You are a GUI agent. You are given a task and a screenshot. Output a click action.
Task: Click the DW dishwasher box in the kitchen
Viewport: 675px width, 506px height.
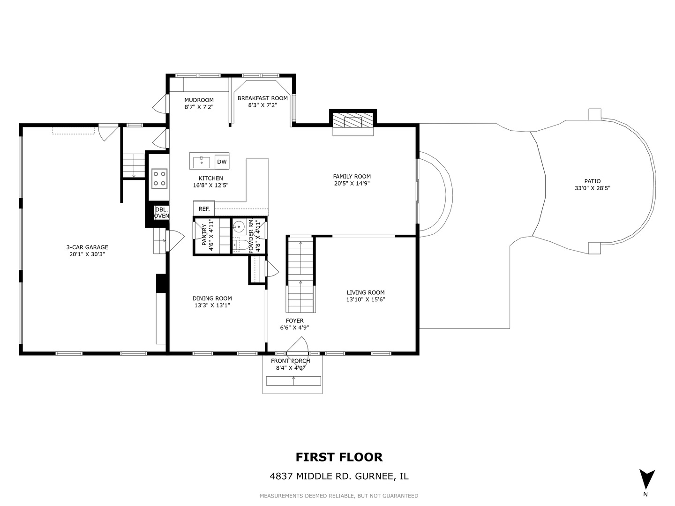click(222, 162)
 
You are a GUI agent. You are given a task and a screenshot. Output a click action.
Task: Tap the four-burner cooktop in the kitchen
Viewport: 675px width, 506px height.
click(159, 179)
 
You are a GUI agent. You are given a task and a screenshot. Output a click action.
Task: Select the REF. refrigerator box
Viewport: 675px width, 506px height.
click(204, 209)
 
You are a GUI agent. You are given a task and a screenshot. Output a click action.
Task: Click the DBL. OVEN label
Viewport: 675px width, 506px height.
click(161, 213)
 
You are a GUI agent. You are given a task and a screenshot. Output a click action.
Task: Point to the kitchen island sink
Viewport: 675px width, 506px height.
click(202, 162)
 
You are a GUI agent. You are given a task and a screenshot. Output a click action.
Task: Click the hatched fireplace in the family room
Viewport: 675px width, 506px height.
click(353, 122)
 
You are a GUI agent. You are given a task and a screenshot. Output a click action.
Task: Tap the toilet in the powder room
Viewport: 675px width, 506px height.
click(239, 245)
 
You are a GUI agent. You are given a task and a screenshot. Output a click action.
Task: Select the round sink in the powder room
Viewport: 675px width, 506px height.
click(238, 228)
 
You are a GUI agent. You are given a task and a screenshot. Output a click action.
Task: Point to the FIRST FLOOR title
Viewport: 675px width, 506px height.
click(339, 457)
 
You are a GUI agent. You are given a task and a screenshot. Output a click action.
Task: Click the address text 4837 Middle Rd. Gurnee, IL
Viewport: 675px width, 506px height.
click(339, 476)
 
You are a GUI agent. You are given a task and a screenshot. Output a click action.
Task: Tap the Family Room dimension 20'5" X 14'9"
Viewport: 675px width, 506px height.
click(352, 183)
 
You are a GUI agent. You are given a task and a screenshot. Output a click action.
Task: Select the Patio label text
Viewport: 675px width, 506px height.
click(592, 181)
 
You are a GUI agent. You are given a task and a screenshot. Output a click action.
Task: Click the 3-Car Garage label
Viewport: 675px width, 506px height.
click(87, 247)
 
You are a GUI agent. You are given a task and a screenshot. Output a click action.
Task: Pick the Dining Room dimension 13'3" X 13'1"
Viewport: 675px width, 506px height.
click(212, 305)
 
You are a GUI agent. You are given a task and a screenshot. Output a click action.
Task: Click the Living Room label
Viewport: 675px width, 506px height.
click(366, 292)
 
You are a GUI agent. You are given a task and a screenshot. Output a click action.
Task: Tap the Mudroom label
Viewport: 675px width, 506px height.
click(199, 100)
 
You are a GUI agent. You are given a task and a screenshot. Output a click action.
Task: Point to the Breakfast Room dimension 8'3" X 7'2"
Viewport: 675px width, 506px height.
click(262, 105)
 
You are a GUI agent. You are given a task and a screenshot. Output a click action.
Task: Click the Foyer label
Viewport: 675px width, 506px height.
click(294, 321)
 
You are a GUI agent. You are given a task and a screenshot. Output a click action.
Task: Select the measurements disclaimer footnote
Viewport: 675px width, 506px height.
click(339, 496)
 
